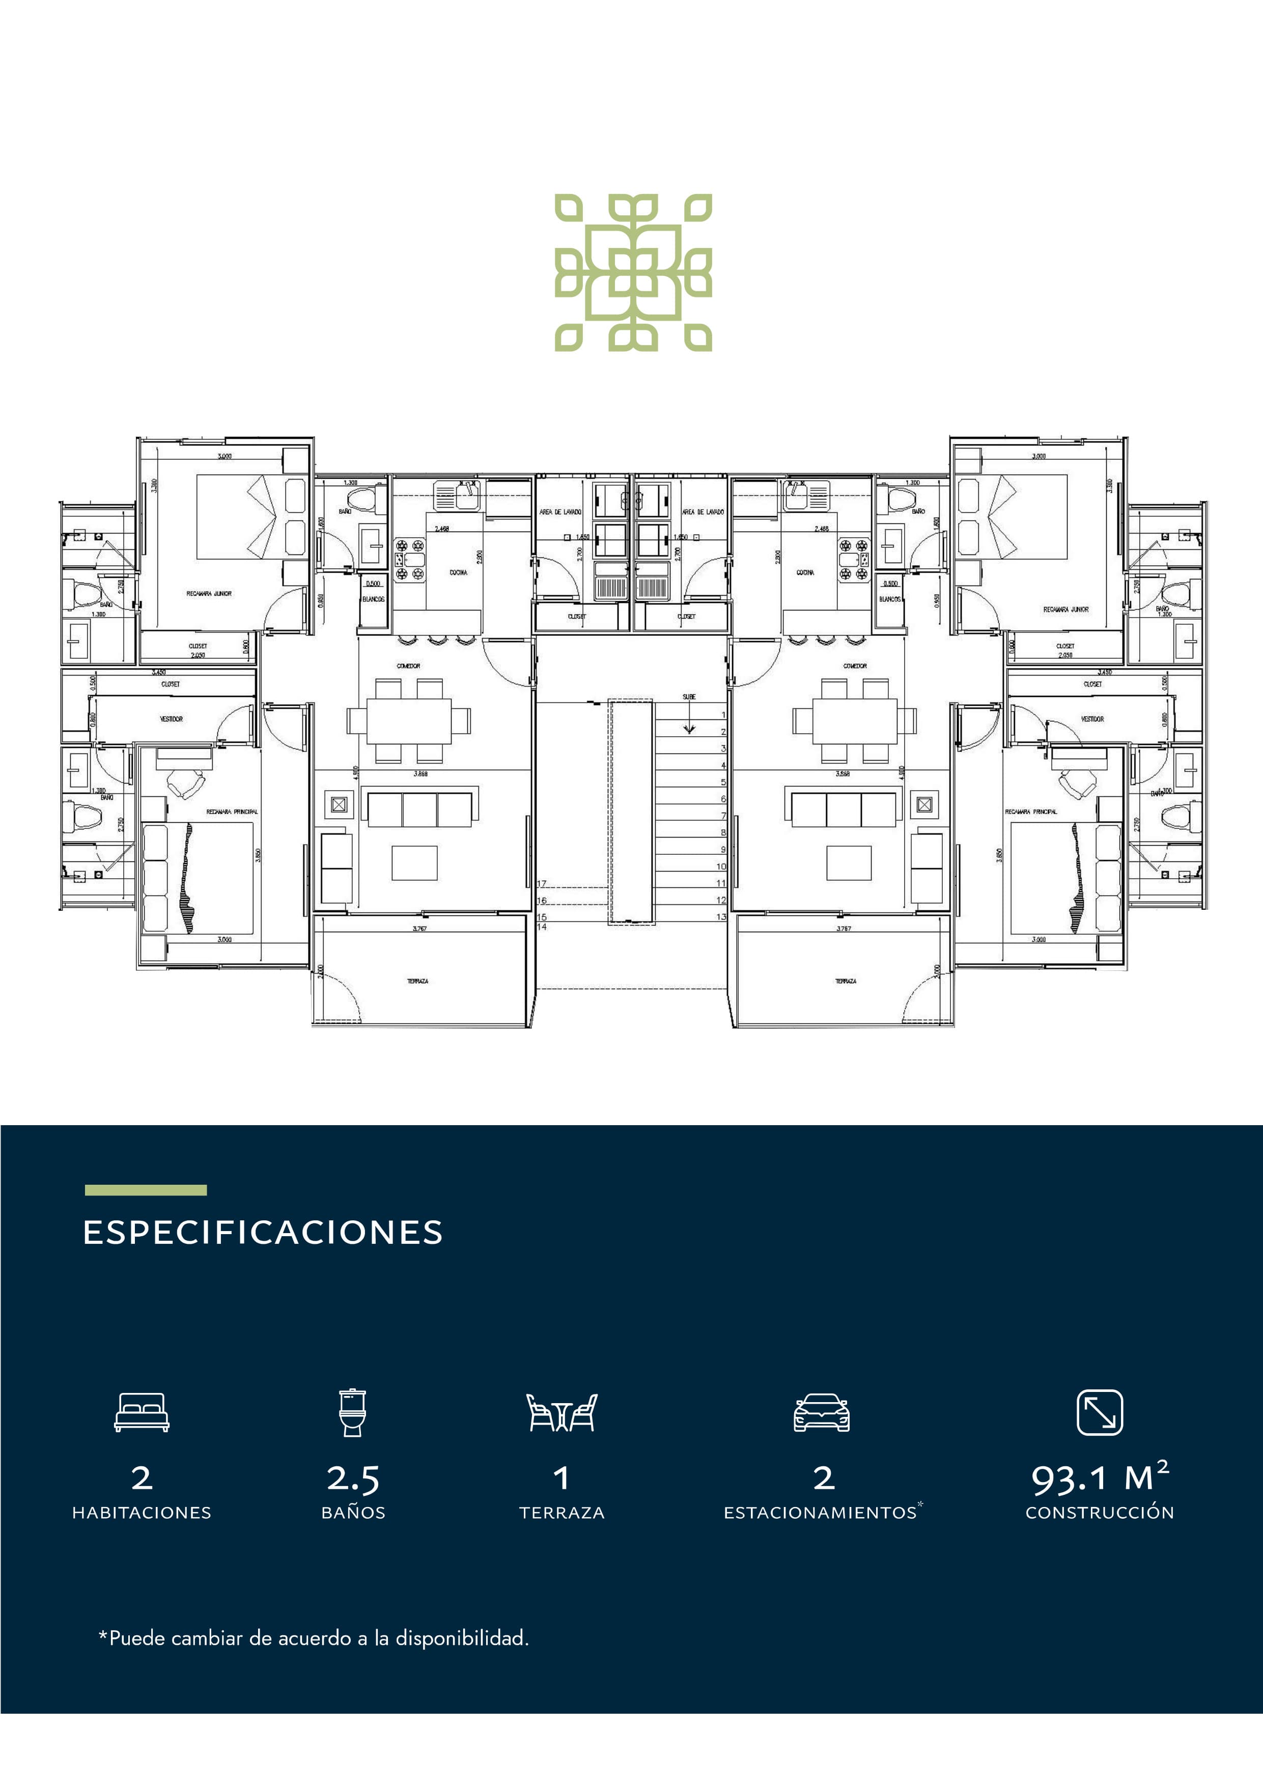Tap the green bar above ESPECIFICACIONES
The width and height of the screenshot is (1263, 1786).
146,1190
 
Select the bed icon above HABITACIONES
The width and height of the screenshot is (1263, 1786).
142,1412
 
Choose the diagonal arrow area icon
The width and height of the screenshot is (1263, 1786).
1100,1412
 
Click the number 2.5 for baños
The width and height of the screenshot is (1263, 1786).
353,1478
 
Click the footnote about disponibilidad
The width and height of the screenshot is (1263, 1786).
314,1638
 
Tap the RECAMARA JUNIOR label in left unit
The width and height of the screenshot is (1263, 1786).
208,594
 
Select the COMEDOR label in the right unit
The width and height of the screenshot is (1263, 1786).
855,666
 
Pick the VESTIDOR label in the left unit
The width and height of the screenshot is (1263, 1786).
171,719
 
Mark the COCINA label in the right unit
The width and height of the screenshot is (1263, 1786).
805,573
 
